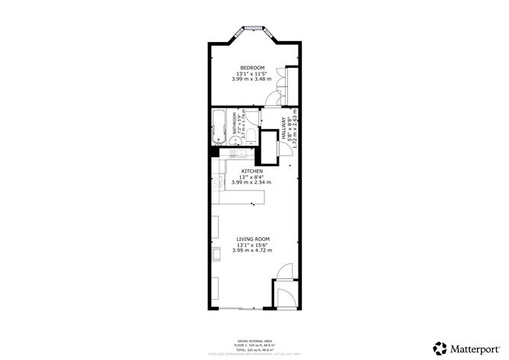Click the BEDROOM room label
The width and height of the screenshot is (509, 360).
tap(252, 68)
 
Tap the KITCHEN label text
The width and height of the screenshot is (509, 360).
tap(252, 171)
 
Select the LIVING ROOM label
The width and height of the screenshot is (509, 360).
tap(252, 239)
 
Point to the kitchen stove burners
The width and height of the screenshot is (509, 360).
tap(218, 182)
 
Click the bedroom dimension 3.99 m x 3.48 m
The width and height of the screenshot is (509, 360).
tap(252, 79)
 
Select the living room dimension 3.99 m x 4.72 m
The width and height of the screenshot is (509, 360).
tap(252, 250)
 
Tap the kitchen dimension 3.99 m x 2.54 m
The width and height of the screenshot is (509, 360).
tap(252, 182)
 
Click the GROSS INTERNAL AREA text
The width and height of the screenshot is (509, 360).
tap(251, 340)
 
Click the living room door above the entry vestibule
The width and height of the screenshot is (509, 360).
tap(283, 271)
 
